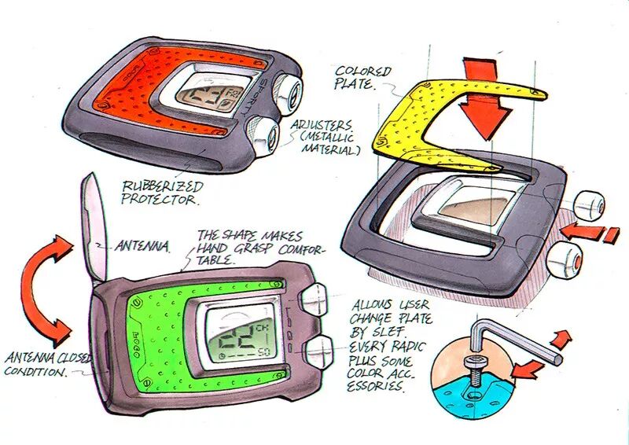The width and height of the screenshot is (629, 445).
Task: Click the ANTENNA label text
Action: click(x=143, y=247)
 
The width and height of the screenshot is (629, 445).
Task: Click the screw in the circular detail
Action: click(x=474, y=368)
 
